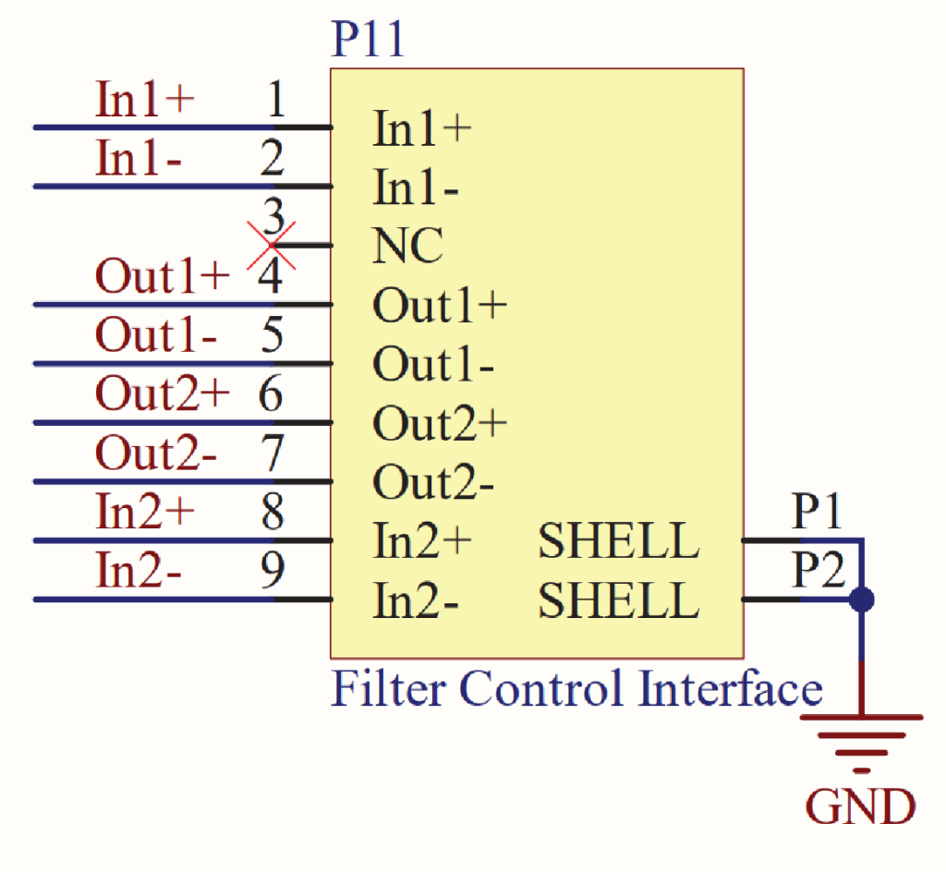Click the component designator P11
[368, 41]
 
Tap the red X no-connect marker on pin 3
[272, 246]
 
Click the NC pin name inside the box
[407, 247]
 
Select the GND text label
[861, 806]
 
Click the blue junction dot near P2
[861, 600]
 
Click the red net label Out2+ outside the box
[162, 395]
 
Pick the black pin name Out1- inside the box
[432, 366]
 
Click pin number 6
[272, 395]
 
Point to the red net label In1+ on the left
[145, 100]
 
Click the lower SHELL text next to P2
[618, 601]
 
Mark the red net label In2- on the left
[139, 573]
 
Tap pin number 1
[275, 100]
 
